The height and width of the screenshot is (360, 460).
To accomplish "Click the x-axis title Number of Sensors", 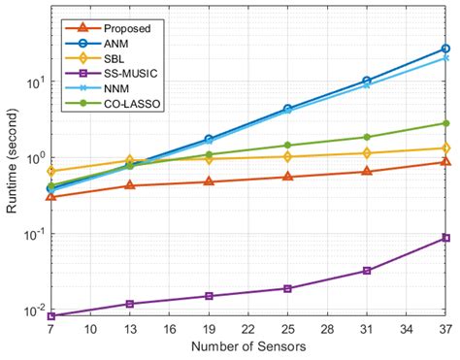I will [x=248, y=346].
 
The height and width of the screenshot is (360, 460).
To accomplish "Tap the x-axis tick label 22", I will [x=248, y=329].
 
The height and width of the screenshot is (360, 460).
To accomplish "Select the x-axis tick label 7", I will [x=50, y=329].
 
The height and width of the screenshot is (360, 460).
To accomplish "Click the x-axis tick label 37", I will [x=445, y=329].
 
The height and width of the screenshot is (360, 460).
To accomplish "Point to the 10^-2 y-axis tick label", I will [x=31, y=311].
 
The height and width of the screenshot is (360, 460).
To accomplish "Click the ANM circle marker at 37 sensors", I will [x=445, y=48].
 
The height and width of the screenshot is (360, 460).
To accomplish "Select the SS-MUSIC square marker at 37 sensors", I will [x=445, y=238].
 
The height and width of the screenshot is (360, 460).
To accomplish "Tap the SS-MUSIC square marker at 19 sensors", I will [x=209, y=296].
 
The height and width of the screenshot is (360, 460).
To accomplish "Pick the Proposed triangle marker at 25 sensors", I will [x=288, y=177].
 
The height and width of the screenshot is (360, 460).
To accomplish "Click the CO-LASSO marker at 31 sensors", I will [x=367, y=137].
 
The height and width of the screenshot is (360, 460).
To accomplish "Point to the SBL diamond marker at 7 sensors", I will [x=50, y=171].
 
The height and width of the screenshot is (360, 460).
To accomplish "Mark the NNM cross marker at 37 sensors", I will [x=445, y=57].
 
